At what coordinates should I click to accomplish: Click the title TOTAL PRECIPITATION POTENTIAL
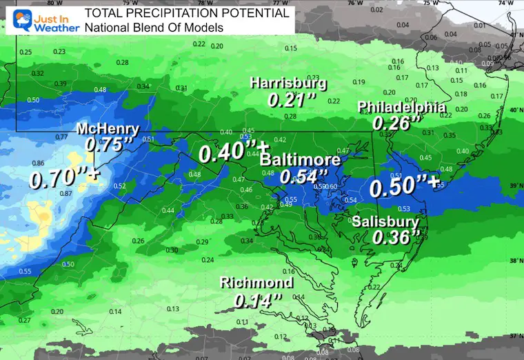[x=186, y=13]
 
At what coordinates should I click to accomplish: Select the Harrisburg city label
[x=288, y=83]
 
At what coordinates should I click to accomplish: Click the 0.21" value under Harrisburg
[x=285, y=99]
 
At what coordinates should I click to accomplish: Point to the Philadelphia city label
[x=401, y=108]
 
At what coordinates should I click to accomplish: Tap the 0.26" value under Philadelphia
[x=396, y=123]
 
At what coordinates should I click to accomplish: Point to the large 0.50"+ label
[x=403, y=187]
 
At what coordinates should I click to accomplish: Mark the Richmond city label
[x=256, y=283]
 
